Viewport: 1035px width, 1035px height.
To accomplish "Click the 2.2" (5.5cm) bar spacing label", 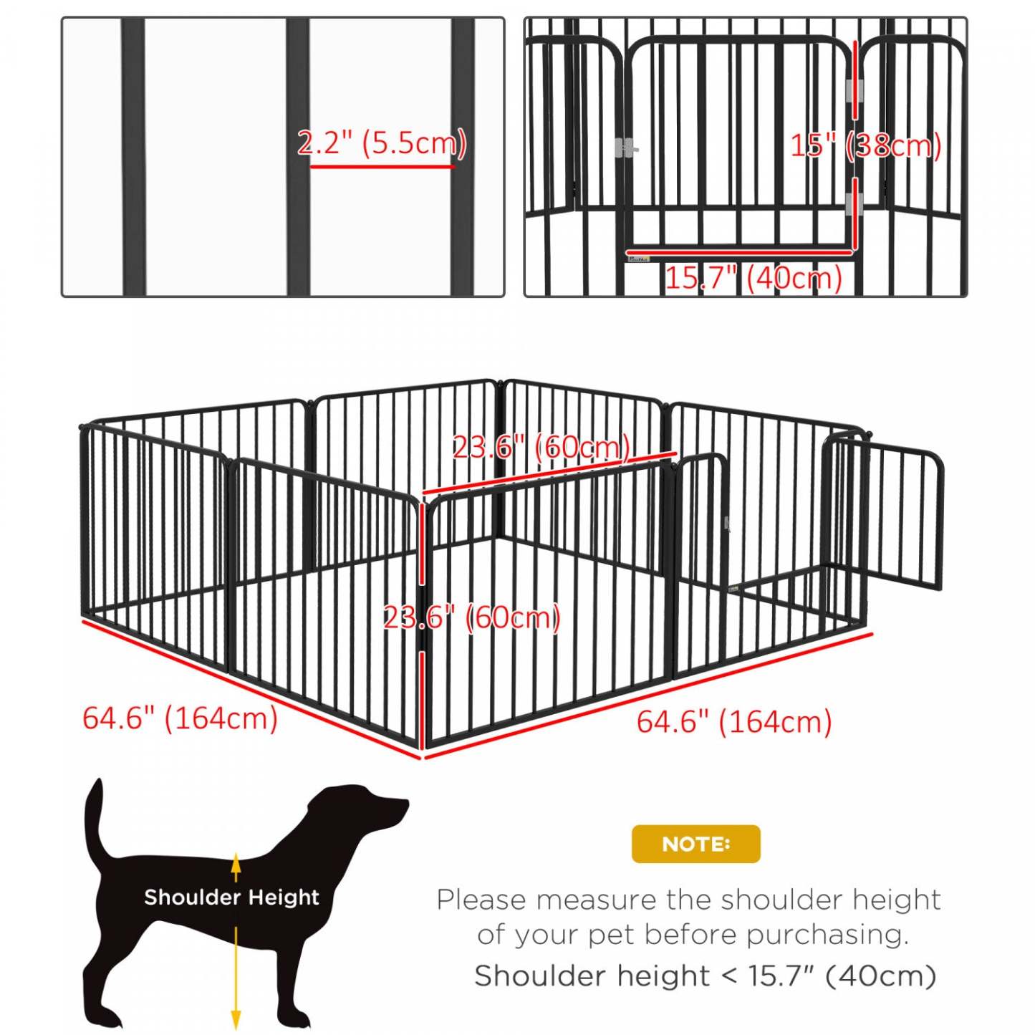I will pos(382,143).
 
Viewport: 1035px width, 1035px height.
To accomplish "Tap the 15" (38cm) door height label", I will pos(865,145).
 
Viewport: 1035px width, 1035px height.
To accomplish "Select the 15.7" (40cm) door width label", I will pos(754,278).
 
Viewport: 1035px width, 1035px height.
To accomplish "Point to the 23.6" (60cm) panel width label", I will pos(541,448).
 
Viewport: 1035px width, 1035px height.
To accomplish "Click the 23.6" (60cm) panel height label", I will pos(472,617).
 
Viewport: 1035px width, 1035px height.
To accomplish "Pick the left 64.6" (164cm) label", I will pos(180,718).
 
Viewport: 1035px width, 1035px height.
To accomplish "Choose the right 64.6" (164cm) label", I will pos(734,721).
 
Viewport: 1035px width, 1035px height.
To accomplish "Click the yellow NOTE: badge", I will pos(695,844).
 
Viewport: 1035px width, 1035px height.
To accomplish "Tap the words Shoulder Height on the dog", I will pos(231,897).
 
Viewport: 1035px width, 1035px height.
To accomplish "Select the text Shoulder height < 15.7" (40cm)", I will pos(705,976).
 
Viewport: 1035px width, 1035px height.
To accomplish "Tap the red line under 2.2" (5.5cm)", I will pos(382,167).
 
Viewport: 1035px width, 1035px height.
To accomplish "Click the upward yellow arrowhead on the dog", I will pos(236,863).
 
